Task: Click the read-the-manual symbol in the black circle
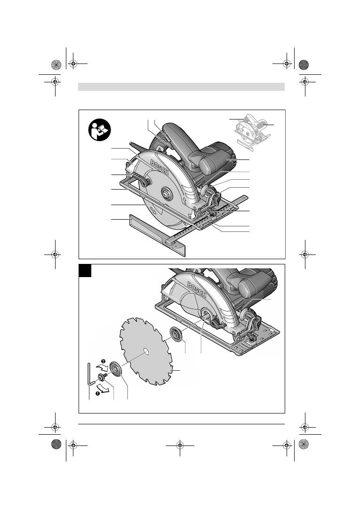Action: (x=100, y=130)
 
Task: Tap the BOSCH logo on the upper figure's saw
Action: (x=160, y=167)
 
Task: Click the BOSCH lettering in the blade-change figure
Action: (x=197, y=290)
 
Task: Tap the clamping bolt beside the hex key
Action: (x=102, y=378)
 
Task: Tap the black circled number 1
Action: (x=97, y=393)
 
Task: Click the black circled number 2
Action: (x=103, y=361)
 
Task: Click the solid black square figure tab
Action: (x=85, y=271)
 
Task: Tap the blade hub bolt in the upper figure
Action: (x=167, y=194)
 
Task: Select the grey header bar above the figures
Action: (x=182, y=87)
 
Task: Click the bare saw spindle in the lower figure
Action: (x=205, y=315)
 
